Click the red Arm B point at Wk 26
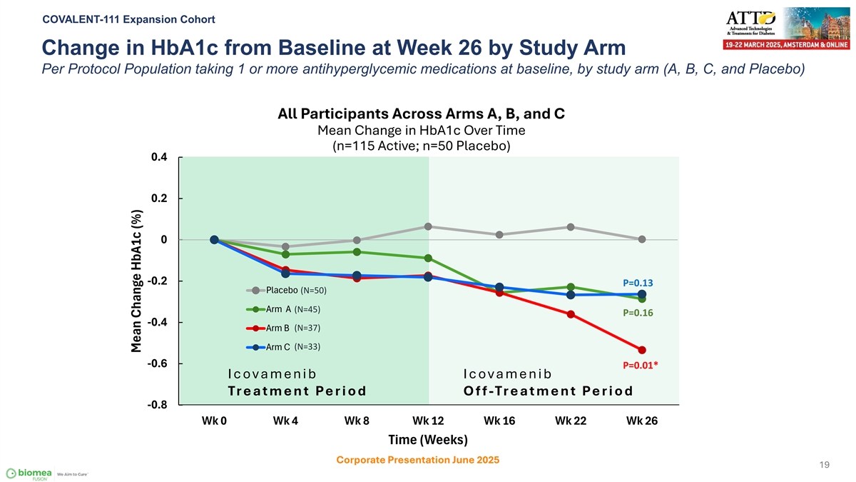tap(642, 350)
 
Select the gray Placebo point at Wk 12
tap(428, 226)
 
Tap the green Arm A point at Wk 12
tap(428, 258)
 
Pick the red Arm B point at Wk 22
tap(571, 314)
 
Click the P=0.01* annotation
tap(641, 366)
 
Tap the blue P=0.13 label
tap(638, 283)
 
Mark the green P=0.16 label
tap(638, 313)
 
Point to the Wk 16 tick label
tap(499, 421)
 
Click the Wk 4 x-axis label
tap(285, 421)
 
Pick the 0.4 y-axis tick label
tap(160, 157)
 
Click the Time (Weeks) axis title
tap(428, 439)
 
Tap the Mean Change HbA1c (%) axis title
tap(138, 280)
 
